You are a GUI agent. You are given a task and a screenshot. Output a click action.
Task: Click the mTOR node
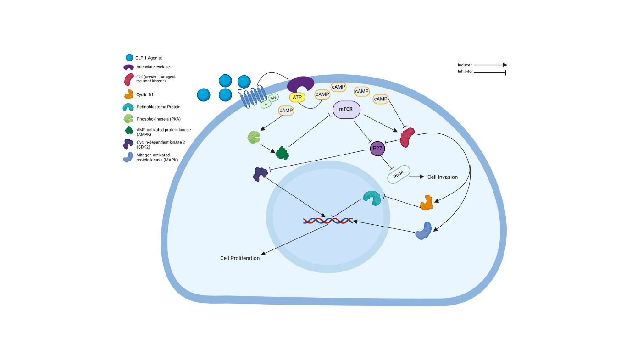click(346, 110)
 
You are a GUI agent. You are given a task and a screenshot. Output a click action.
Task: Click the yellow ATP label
click(297, 97)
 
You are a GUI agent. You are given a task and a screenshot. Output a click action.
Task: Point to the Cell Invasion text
click(442, 177)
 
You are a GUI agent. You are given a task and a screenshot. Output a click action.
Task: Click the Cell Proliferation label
click(240, 258)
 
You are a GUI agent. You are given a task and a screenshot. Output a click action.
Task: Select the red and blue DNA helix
click(328, 221)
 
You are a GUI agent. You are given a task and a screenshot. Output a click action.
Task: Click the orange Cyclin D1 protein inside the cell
click(427, 202)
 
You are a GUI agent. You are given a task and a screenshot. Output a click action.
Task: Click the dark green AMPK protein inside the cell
click(283, 153)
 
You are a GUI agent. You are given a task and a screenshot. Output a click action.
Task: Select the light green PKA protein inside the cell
click(253, 137)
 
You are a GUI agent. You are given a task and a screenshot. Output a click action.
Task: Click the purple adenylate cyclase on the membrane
click(300, 84)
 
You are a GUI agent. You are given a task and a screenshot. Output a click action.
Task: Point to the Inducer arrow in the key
click(490, 65)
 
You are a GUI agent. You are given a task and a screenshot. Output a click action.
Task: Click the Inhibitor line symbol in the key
click(489, 72)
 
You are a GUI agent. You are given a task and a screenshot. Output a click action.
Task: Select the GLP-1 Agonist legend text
click(150, 58)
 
